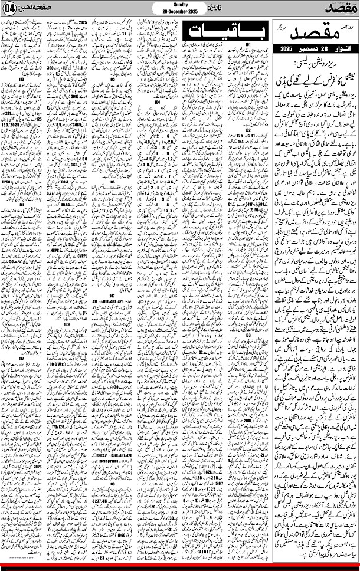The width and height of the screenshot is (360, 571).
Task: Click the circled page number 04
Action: tap(10, 10)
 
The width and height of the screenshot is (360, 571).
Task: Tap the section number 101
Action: tap(250, 45)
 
